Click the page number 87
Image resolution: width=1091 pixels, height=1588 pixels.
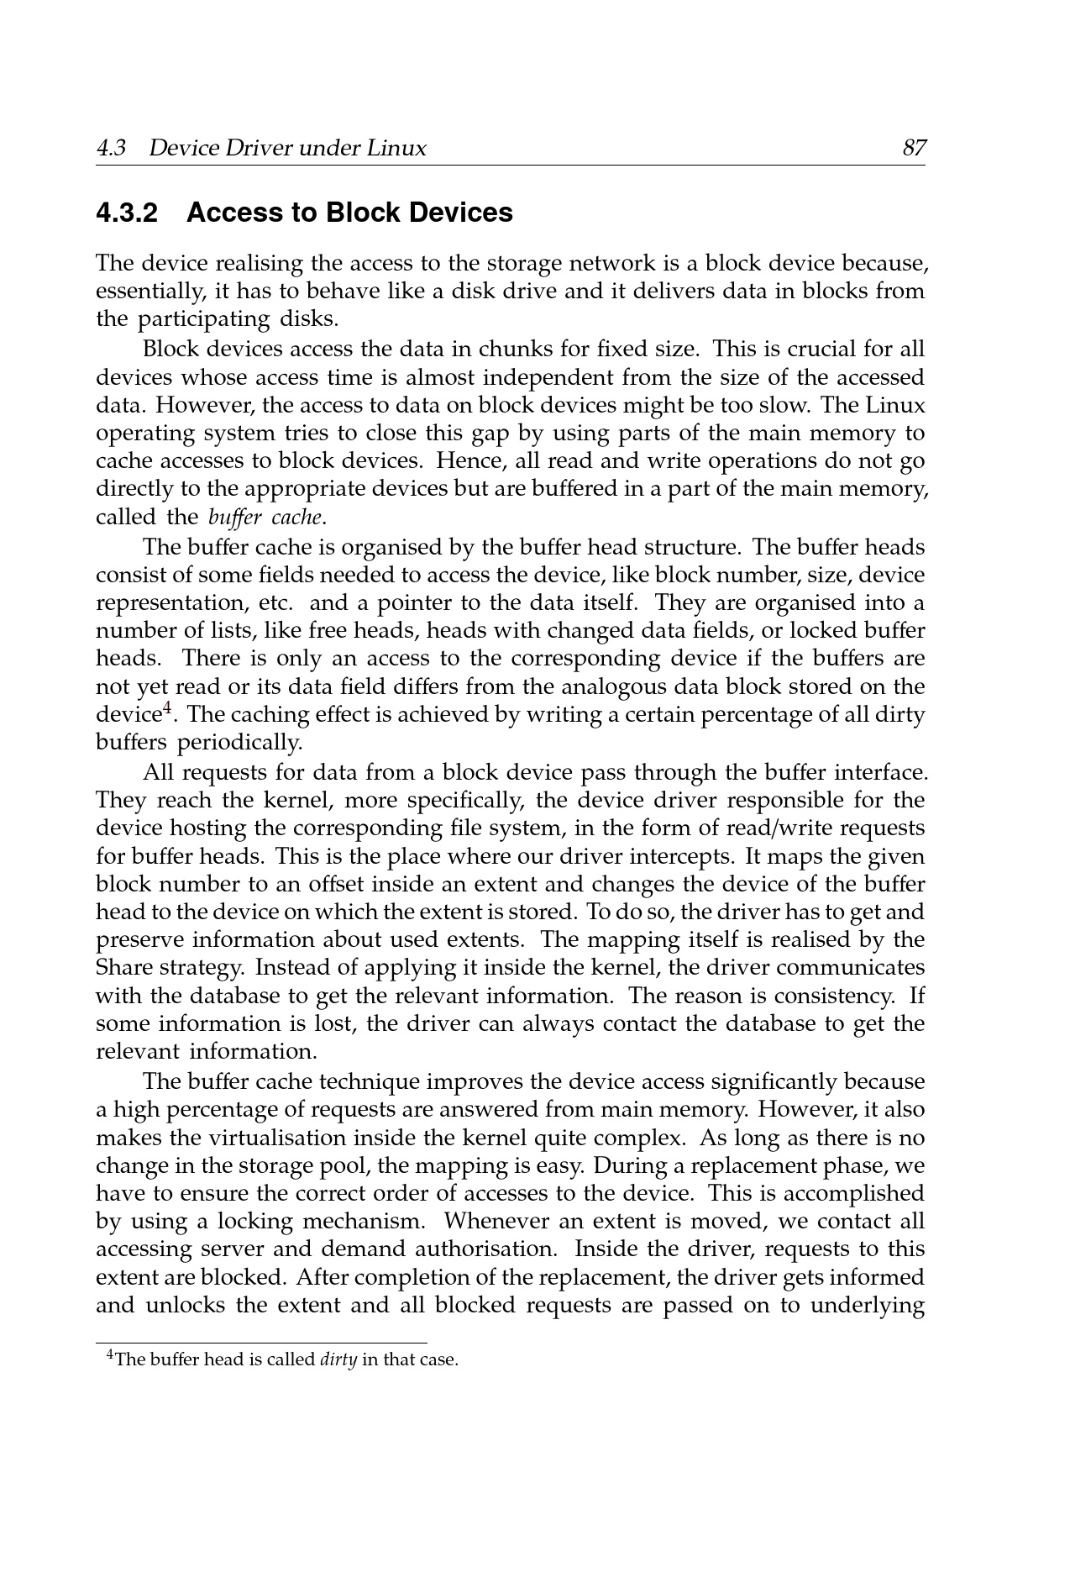pos(914,149)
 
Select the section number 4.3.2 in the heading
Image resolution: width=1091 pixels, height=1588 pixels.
pos(128,213)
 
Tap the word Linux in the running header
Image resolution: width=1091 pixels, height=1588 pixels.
pos(396,149)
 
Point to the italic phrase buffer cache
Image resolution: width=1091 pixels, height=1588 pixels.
pos(265,517)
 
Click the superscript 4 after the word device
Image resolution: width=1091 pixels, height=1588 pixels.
pos(167,710)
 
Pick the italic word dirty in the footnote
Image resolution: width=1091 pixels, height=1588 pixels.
pos(339,1359)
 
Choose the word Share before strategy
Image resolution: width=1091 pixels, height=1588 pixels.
pos(123,968)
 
